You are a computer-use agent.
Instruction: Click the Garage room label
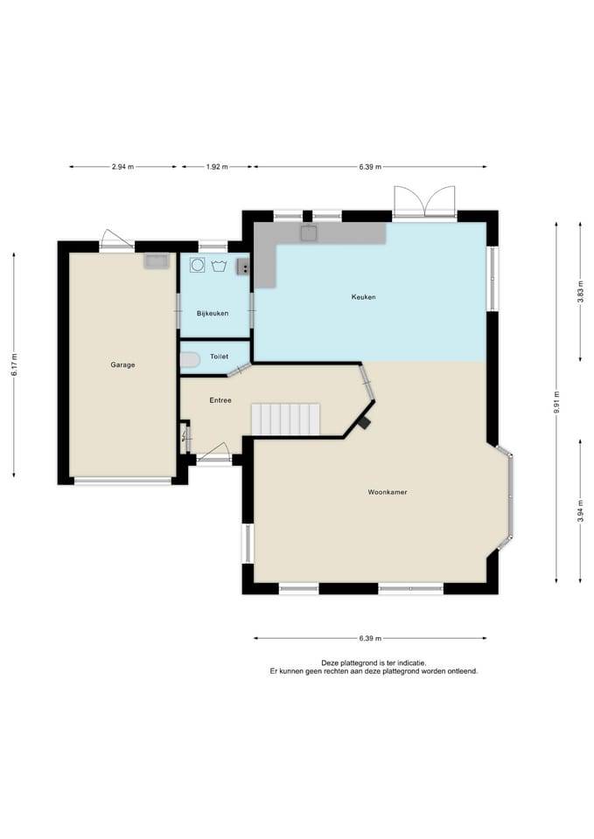pyautogui.click(x=122, y=365)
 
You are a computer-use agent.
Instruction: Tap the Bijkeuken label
pyautogui.click(x=213, y=314)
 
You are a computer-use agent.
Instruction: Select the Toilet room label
pyautogui.click(x=219, y=357)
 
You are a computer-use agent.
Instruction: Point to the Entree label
pyautogui.click(x=220, y=400)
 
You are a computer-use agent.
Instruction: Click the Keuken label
pyautogui.click(x=364, y=297)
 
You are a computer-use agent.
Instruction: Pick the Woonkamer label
pyautogui.click(x=388, y=492)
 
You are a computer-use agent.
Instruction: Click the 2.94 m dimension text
pyautogui.click(x=122, y=167)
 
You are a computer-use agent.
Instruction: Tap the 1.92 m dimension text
pyautogui.click(x=217, y=167)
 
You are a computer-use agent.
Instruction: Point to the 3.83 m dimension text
pyautogui.click(x=581, y=292)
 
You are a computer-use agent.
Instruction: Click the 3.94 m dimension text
pyautogui.click(x=581, y=511)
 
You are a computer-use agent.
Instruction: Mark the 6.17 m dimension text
pyautogui.click(x=15, y=364)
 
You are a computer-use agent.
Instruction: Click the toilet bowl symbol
pyautogui.click(x=190, y=360)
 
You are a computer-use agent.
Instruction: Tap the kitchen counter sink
pyautogui.click(x=309, y=233)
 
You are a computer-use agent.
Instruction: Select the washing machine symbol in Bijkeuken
pyautogui.click(x=198, y=266)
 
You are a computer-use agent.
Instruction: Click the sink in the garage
pyautogui.click(x=157, y=261)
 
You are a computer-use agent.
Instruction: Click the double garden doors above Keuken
pyautogui.click(x=425, y=202)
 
